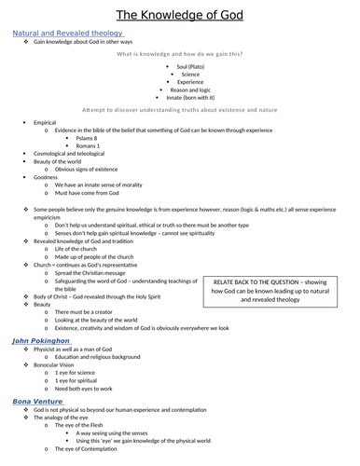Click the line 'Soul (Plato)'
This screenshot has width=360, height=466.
point(184,68)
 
